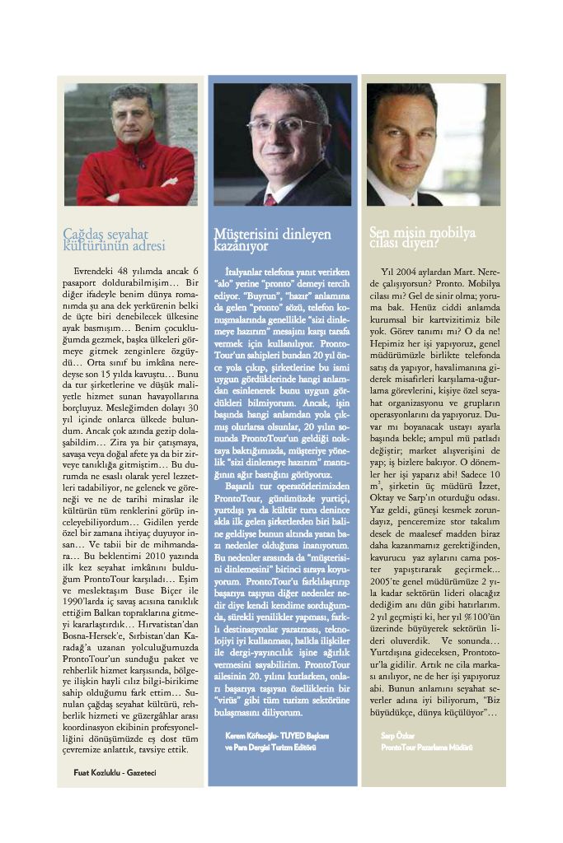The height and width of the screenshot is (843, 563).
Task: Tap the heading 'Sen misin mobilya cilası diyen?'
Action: pyautogui.click(x=422, y=237)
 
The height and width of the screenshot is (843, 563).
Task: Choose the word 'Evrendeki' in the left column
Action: pyautogui.click(x=96, y=271)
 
